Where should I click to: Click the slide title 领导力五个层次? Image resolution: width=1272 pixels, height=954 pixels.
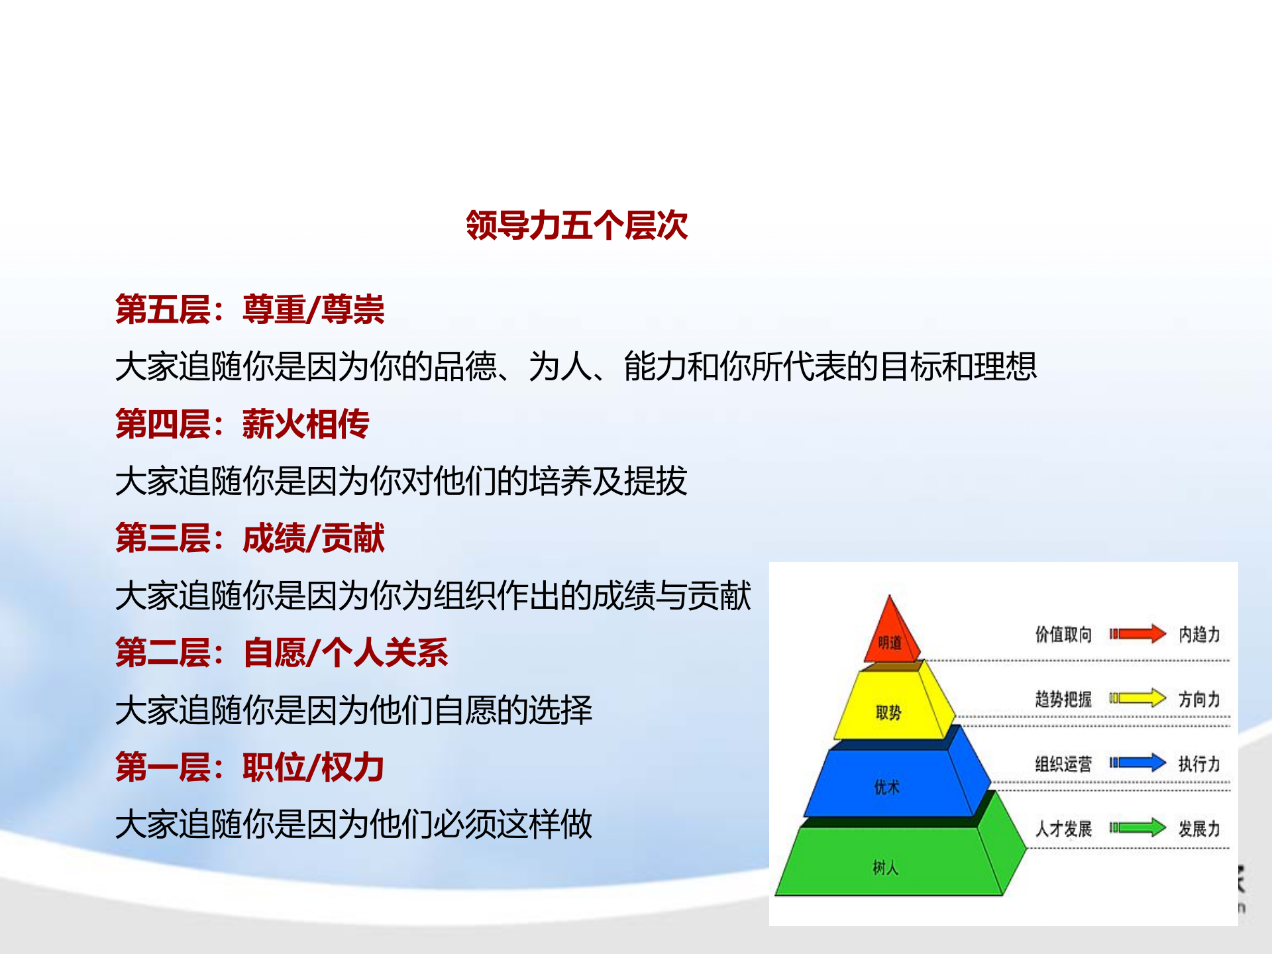pyautogui.click(x=576, y=226)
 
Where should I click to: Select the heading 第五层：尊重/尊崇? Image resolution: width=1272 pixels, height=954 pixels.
pyautogui.click(x=250, y=310)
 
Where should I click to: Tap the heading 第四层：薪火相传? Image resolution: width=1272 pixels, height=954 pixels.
pyautogui.click(x=242, y=425)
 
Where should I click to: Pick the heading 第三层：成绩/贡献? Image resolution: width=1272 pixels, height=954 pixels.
pyautogui.click(x=250, y=539)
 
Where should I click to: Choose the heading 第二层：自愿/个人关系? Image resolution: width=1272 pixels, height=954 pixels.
pyautogui.click(x=282, y=653)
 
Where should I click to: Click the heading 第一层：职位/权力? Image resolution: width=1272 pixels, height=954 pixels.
pyautogui.click(x=250, y=768)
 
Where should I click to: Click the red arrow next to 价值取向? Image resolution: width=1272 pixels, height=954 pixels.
pyautogui.click(x=1138, y=634)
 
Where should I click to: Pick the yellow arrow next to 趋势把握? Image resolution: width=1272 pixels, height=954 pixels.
pyautogui.click(x=1138, y=698)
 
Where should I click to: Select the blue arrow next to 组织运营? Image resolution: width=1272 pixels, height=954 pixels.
pyautogui.click(x=1138, y=763)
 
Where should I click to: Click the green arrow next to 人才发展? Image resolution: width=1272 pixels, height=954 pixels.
pyautogui.click(x=1138, y=827)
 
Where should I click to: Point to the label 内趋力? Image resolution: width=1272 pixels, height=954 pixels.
pyautogui.click(x=1199, y=635)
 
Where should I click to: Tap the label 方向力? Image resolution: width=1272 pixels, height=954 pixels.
pyautogui.click(x=1199, y=699)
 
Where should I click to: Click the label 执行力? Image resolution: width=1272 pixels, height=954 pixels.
pyautogui.click(x=1199, y=764)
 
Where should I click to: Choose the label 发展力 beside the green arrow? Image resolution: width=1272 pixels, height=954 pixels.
pyautogui.click(x=1199, y=829)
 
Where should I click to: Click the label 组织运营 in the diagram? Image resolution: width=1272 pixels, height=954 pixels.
pyautogui.click(x=1063, y=764)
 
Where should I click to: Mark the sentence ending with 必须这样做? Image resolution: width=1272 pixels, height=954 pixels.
pyautogui.click(x=353, y=825)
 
